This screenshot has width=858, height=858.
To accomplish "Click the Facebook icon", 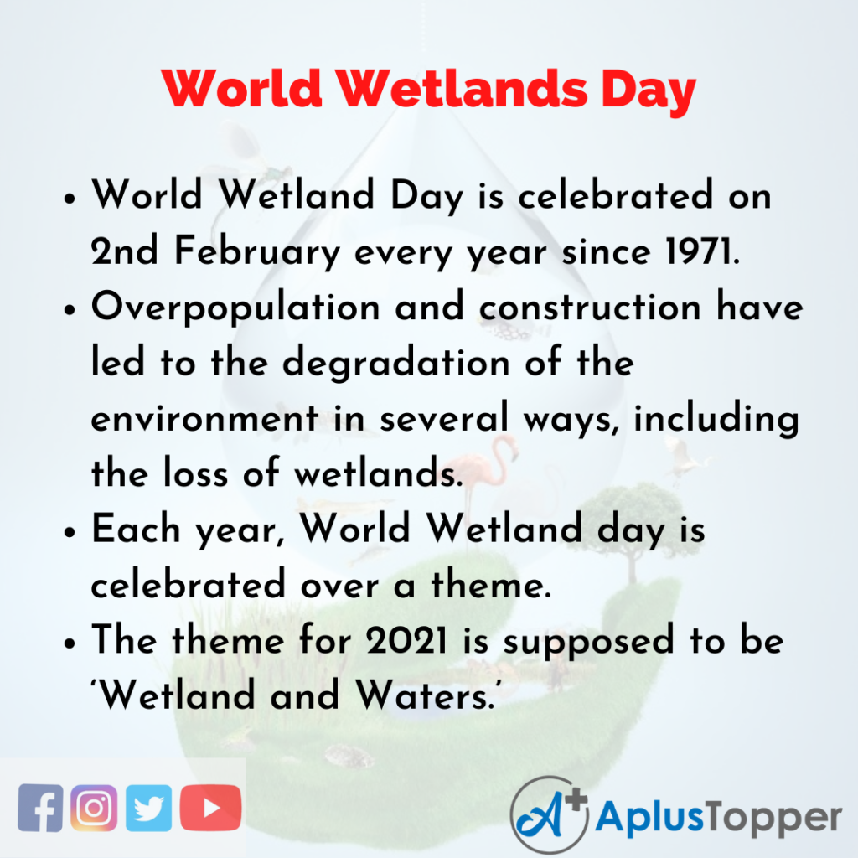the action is coord(40,808).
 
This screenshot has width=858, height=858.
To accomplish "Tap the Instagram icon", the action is coord(94,808).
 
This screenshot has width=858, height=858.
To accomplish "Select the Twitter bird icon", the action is coord(148,808).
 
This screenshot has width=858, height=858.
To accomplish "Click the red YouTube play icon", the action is coord(210,808).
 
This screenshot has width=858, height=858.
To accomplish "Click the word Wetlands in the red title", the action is coord(463,89).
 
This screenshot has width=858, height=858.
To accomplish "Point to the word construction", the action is coord(590,308).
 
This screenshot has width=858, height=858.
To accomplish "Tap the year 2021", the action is coord(406,639).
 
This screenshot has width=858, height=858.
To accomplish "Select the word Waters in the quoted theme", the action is coord(426,695).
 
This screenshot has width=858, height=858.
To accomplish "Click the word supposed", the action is coord(588,642).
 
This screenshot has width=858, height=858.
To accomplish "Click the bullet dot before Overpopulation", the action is coord(69,310).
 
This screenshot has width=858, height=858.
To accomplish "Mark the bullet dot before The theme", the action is coord(69,643).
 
